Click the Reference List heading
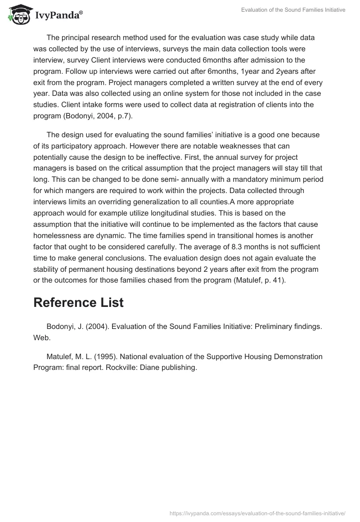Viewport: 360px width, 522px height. coord(78,303)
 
